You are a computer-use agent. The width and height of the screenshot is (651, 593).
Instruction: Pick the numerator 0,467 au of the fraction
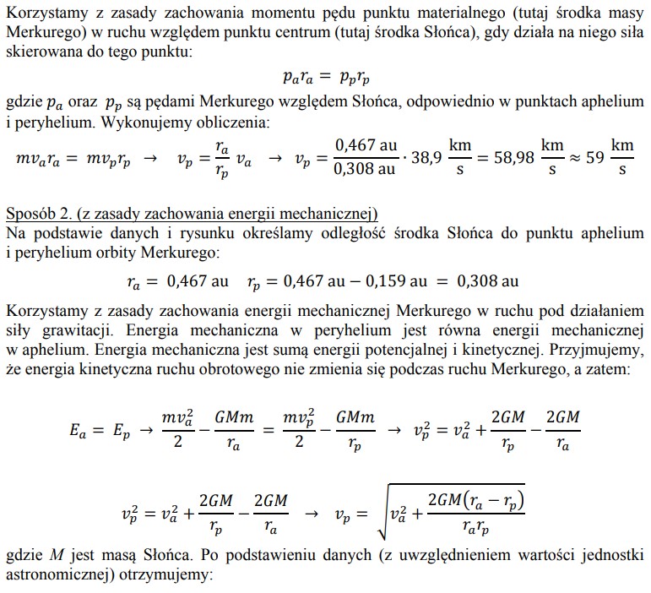[x=366, y=145]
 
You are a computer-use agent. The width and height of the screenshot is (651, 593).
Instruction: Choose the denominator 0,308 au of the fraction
[x=366, y=170]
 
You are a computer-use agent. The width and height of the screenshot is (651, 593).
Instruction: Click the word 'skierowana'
[x=42, y=52]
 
